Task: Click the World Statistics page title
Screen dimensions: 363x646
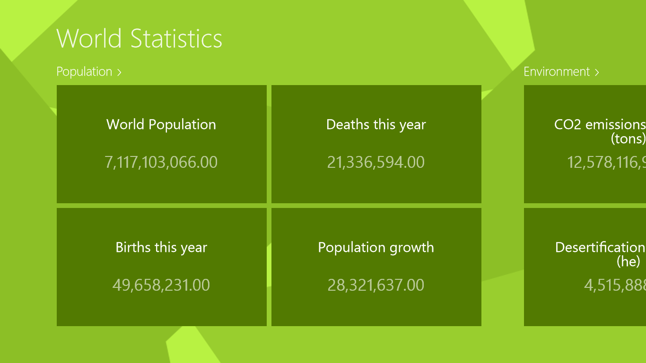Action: click(139, 38)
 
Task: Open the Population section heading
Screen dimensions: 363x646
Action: click(84, 72)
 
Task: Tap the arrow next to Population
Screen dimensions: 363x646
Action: click(120, 72)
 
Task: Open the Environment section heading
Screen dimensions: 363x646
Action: click(557, 72)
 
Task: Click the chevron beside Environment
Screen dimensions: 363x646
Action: click(597, 72)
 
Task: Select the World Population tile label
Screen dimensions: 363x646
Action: click(161, 124)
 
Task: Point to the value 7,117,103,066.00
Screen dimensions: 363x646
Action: click(161, 162)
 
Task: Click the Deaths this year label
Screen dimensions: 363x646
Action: click(376, 124)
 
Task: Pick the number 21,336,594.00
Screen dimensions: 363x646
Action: click(376, 162)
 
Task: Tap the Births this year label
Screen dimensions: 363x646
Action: click(161, 247)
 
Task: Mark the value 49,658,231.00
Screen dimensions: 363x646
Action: click(161, 285)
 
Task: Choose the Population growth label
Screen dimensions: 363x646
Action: click(376, 247)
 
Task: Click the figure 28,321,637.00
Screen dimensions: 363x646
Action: click(376, 285)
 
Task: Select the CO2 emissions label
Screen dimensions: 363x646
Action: click(600, 124)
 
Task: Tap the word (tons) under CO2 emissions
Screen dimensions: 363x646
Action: click(628, 138)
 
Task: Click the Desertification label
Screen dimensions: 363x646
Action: click(600, 247)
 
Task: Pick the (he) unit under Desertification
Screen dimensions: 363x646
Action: click(629, 261)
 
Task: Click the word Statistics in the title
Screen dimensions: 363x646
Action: click(176, 38)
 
